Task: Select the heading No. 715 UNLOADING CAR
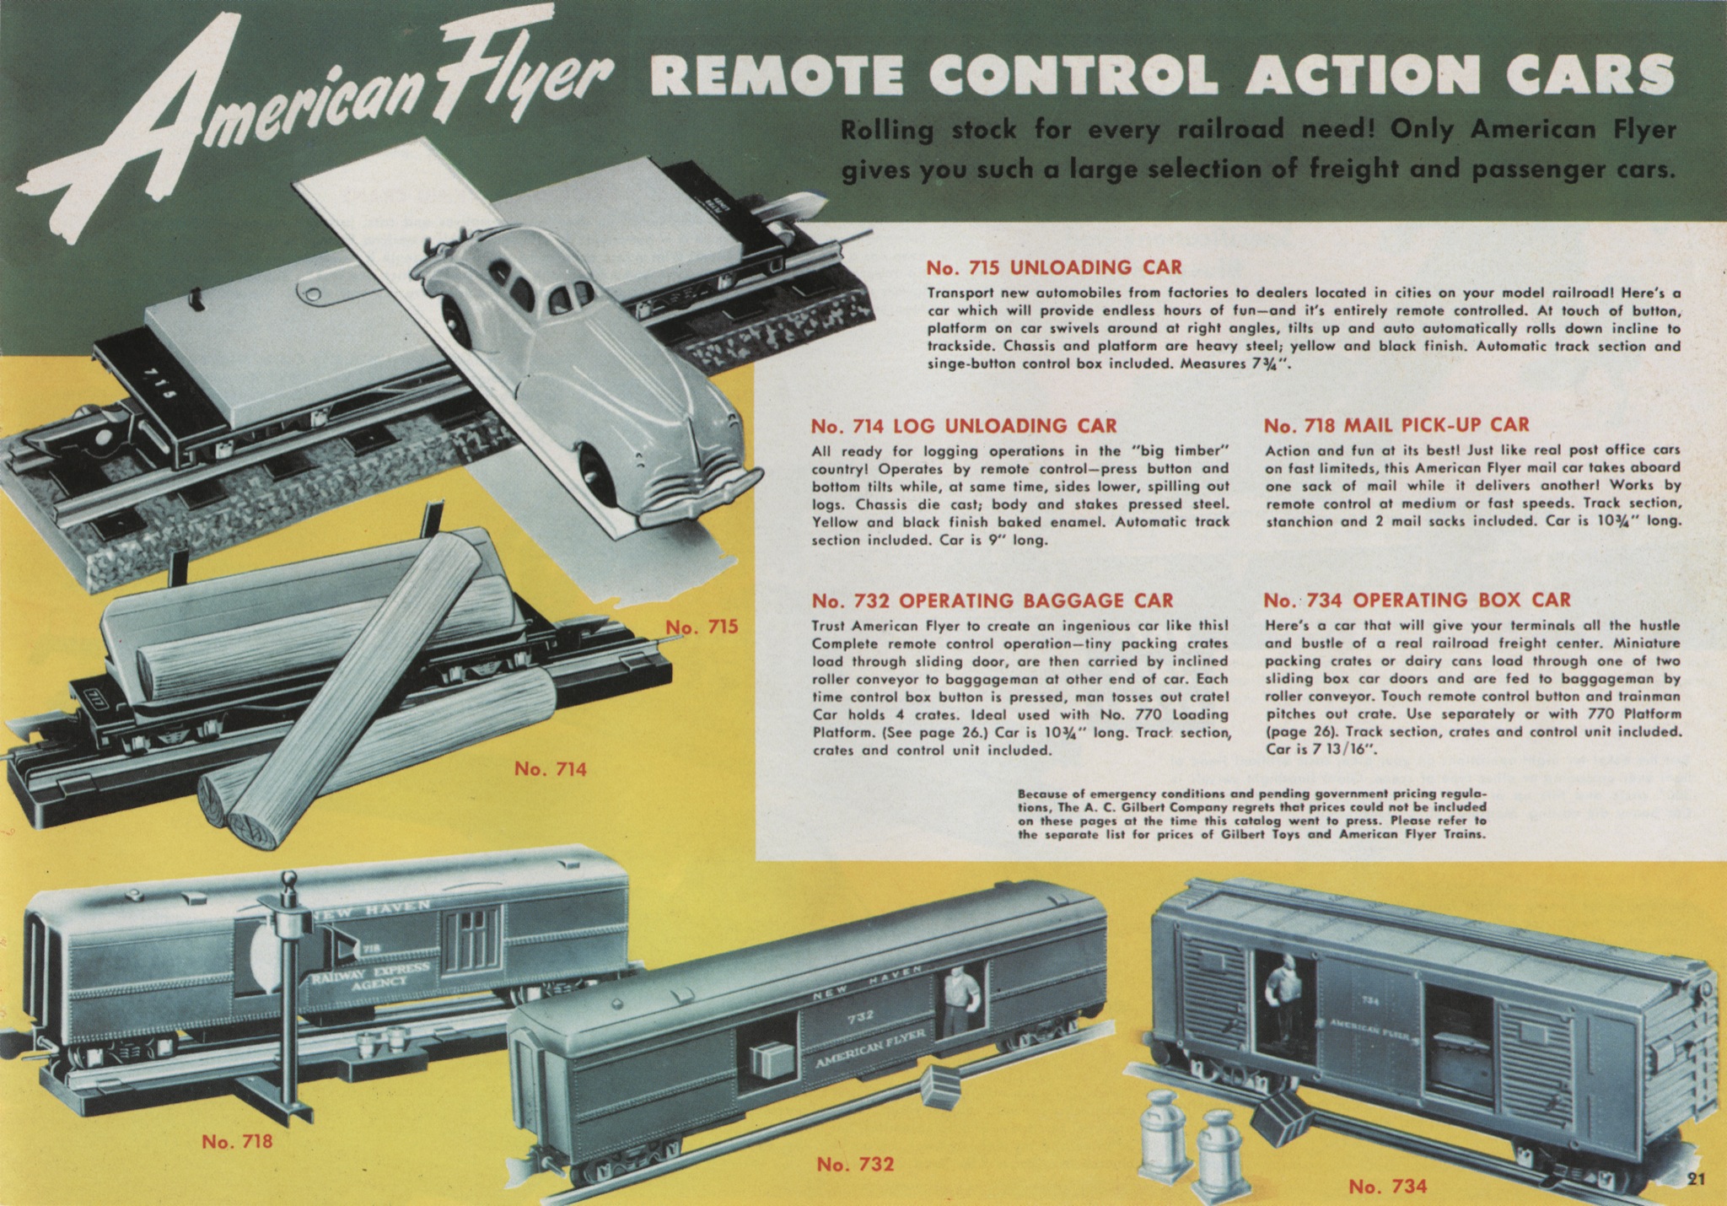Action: coord(1054,268)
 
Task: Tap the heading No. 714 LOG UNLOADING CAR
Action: coord(964,425)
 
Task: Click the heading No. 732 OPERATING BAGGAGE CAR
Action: coord(992,600)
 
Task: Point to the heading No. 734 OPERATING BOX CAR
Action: coord(1418,600)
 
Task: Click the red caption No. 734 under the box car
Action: coord(1387,1187)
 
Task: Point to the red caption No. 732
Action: coord(855,1165)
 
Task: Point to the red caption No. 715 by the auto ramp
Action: coord(702,627)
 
